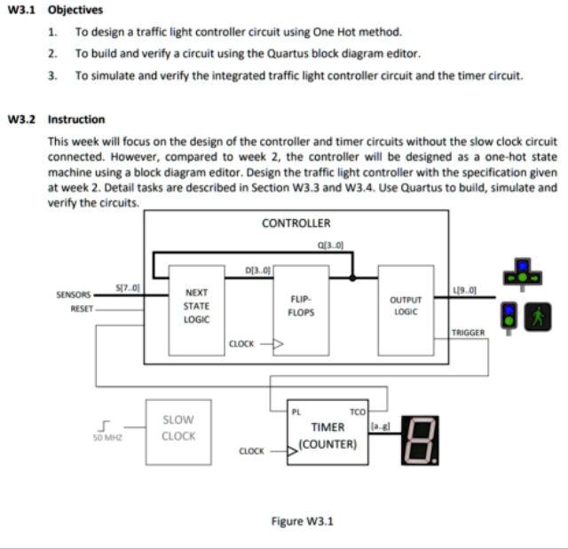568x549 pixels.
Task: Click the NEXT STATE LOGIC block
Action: coord(196,306)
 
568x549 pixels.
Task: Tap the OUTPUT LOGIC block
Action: coord(405,306)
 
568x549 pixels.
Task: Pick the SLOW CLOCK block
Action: coord(178,427)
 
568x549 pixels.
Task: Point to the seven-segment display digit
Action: coord(416,440)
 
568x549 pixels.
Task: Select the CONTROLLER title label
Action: coord(296,224)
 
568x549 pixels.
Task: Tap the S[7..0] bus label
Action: coord(128,286)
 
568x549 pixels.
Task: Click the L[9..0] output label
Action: coord(464,290)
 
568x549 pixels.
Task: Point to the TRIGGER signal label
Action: coord(468,333)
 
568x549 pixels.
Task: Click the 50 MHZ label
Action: coord(106,437)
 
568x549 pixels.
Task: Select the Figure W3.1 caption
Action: coord(302,521)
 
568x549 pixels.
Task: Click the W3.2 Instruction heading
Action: coord(56,119)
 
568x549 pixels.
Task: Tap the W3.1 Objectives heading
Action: coord(55,10)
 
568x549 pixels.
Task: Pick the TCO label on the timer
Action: coord(358,412)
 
